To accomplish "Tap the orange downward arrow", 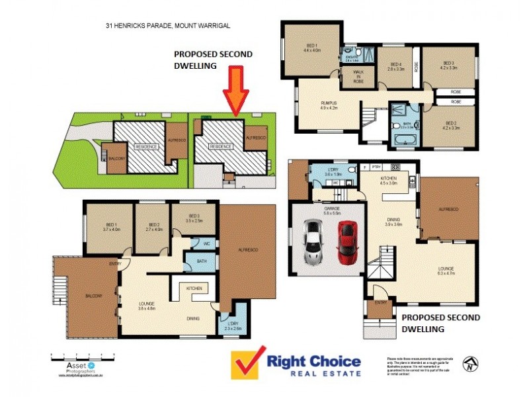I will point(236,93).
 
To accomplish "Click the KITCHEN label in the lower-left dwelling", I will point(193,289).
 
